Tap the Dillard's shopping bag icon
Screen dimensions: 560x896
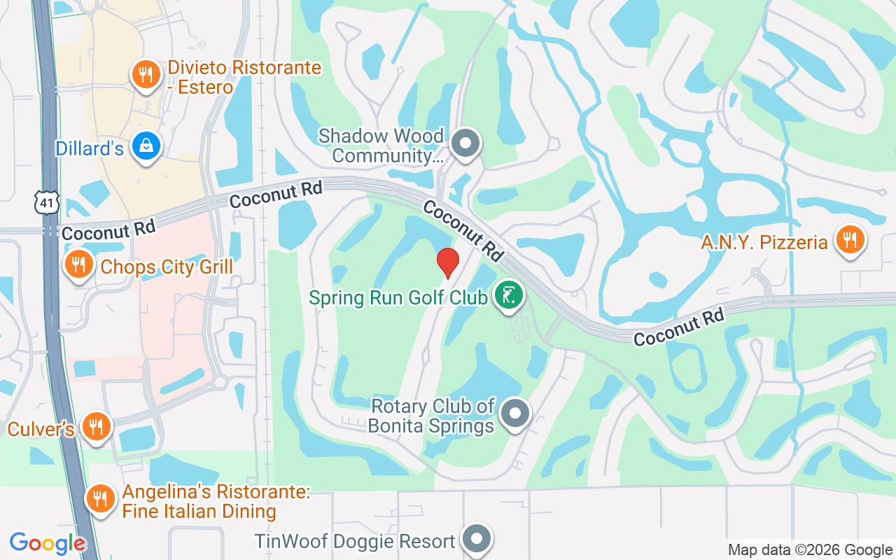(146, 146)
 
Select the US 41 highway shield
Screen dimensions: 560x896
(46, 202)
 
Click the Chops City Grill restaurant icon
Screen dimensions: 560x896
(79, 265)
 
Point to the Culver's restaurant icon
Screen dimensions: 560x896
(96, 426)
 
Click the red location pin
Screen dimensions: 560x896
(448, 262)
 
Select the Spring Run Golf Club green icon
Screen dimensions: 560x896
(509, 295)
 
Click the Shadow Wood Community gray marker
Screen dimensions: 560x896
(464, 144)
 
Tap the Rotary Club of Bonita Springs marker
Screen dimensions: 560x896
(516, 413)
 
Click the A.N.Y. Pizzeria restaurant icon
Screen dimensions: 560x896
(850, 240)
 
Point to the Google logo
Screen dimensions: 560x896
(48, 543)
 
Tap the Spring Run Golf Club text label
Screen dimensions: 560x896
(398, 297)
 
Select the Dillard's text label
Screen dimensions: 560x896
(90, 148)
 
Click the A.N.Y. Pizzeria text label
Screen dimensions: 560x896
(764, 243)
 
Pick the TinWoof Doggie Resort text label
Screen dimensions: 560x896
(355, 541)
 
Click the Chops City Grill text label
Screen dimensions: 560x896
(167, 267)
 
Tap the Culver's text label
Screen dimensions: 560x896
(41, 428)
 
